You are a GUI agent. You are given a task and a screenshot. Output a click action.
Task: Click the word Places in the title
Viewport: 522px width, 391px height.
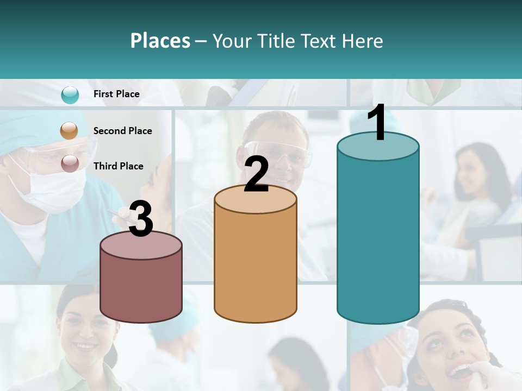160,41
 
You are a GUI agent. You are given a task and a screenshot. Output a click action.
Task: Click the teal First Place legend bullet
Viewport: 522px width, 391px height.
70,94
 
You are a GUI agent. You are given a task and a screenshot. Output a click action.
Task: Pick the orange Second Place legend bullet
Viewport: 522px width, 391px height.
70,131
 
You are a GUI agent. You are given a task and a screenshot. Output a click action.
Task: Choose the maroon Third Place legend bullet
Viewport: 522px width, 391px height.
70,163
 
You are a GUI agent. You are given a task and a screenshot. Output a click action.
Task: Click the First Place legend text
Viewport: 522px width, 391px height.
116,94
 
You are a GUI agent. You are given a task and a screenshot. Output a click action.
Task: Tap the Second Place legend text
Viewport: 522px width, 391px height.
122,131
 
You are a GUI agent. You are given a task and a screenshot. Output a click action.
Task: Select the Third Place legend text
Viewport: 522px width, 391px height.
118,166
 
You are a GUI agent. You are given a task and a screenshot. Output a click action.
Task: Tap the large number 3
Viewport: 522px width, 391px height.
141,219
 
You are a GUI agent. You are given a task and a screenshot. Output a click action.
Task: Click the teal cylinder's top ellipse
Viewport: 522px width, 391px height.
378,147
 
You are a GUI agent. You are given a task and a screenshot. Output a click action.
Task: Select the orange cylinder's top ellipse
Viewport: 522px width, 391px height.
256,199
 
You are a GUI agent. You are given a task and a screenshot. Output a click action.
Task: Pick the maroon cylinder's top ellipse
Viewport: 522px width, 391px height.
141,245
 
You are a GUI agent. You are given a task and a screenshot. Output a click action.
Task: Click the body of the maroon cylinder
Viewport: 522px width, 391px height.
141,288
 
